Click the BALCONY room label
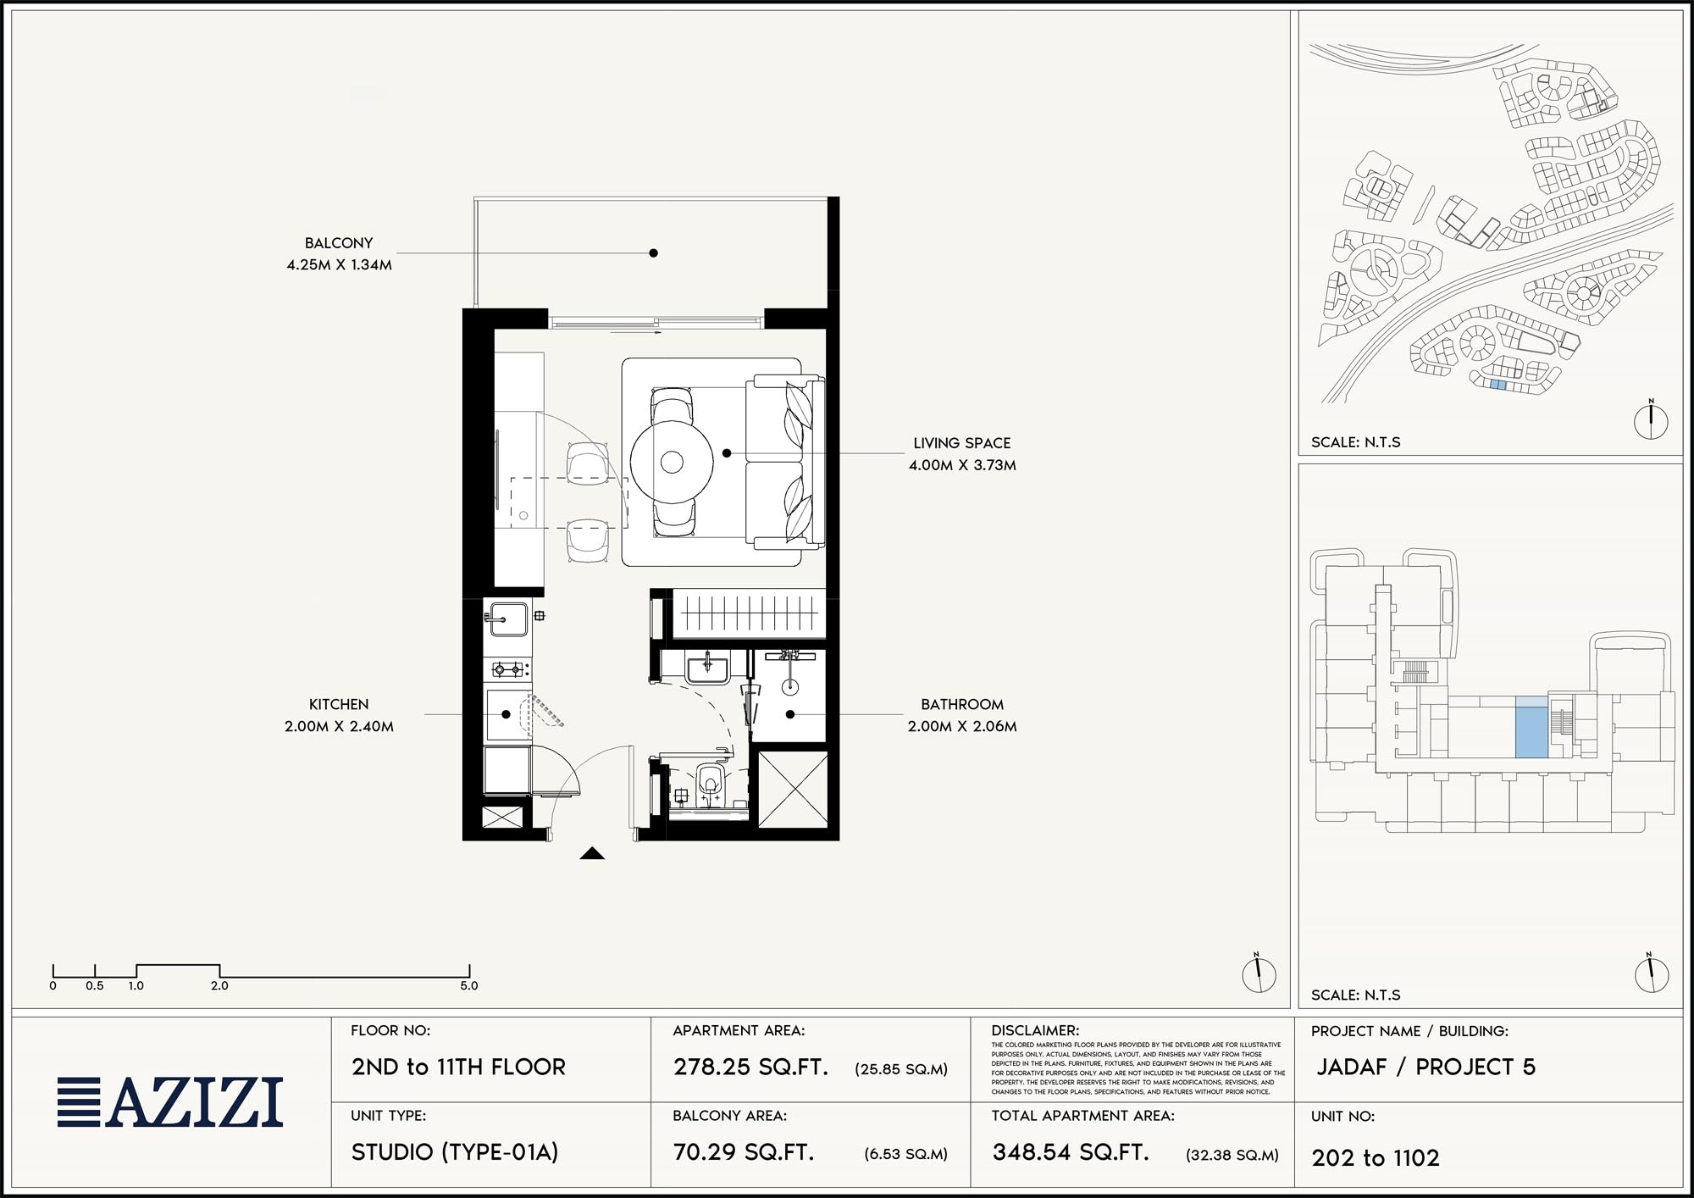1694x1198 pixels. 339,243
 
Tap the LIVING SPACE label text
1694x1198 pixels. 962,443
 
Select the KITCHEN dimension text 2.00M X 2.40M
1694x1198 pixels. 339,726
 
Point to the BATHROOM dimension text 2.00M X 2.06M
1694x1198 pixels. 962,726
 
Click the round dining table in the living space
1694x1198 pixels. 672,462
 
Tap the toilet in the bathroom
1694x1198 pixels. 710,785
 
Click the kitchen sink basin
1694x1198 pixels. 507,619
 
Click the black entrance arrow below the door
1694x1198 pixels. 592,853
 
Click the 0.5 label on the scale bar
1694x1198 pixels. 95,986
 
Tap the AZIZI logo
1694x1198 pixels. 170,1101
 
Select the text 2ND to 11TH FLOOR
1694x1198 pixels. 458,1067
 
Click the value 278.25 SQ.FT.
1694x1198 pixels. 750,1067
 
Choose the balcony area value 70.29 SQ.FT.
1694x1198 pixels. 744,1152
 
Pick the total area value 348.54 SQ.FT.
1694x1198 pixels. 1071,1152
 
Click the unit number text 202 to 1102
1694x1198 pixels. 1376,1158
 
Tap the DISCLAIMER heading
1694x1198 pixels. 1035,1031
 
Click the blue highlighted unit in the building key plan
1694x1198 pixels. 1531,727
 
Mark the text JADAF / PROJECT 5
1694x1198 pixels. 1426,1067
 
